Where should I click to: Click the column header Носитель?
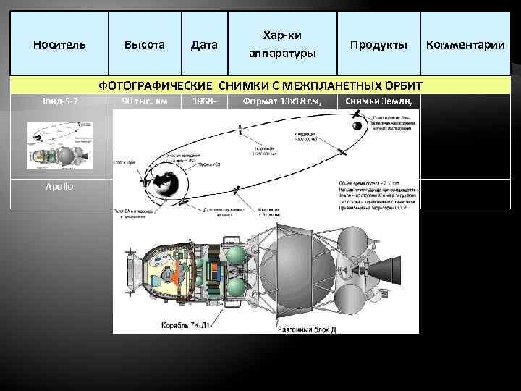pos(59,44)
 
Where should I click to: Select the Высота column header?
pos(144,44)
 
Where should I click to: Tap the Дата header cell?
pos(204,44)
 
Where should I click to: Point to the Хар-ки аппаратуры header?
pos(282,44)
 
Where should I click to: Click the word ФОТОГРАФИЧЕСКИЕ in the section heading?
pos(161,86)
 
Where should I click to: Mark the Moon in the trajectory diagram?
pos(357,127)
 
